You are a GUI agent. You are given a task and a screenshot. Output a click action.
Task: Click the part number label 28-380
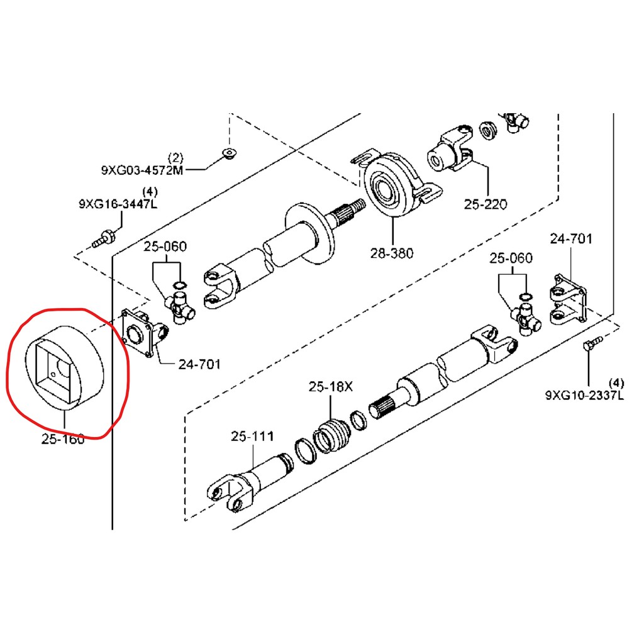tap(391, 253)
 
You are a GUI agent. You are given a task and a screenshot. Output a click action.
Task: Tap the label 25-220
tap(485, 204)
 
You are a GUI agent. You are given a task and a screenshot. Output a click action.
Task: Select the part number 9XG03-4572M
tap(142, 170)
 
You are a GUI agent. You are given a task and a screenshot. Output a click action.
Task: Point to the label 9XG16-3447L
tap(118, 204)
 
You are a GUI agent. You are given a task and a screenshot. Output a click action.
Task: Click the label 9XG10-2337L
tap(584, 395)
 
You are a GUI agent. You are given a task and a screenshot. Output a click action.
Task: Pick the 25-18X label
tap(330, 387)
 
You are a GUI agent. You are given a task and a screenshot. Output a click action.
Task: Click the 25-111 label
tap(252, 436)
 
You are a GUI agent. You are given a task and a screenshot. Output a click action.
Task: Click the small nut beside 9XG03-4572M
tap(230, 152)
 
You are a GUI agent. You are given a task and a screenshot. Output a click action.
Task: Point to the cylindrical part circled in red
tap(63, 365)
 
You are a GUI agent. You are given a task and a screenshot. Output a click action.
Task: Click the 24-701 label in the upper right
tap(571, 239)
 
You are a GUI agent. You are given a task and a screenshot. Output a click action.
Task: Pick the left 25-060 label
tap(165, 246)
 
